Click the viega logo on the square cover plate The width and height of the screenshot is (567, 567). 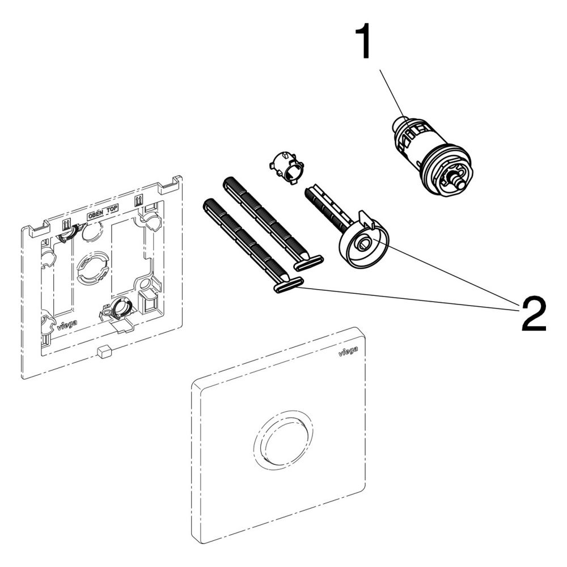click(x=348, y=350)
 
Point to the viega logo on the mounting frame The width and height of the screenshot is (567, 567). click(x=67, y=325)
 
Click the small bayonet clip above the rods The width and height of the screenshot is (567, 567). click(x=286, y=167)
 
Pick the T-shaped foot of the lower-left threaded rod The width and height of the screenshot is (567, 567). click(x=288, y=284)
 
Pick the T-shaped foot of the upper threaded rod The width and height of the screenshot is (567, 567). click(x=308, y=263)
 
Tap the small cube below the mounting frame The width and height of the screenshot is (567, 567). click(x=103, y=351)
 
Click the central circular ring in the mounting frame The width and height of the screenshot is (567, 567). click(x=92, y=269)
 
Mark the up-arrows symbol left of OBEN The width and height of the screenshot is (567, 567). click(x=66, y=226)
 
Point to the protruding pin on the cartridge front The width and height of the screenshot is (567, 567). click(x=457, y=180)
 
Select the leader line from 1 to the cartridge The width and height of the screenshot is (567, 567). click(x=394, y=98)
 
